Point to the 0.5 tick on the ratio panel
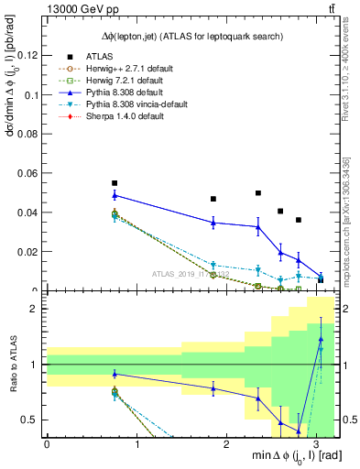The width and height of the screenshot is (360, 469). pyautogui.click(x=33, y=420)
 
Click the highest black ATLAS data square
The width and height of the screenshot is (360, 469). pyautogui.click(x=115, y=183)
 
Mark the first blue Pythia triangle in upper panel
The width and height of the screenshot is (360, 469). pyautogui.click(x=115, y=195)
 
